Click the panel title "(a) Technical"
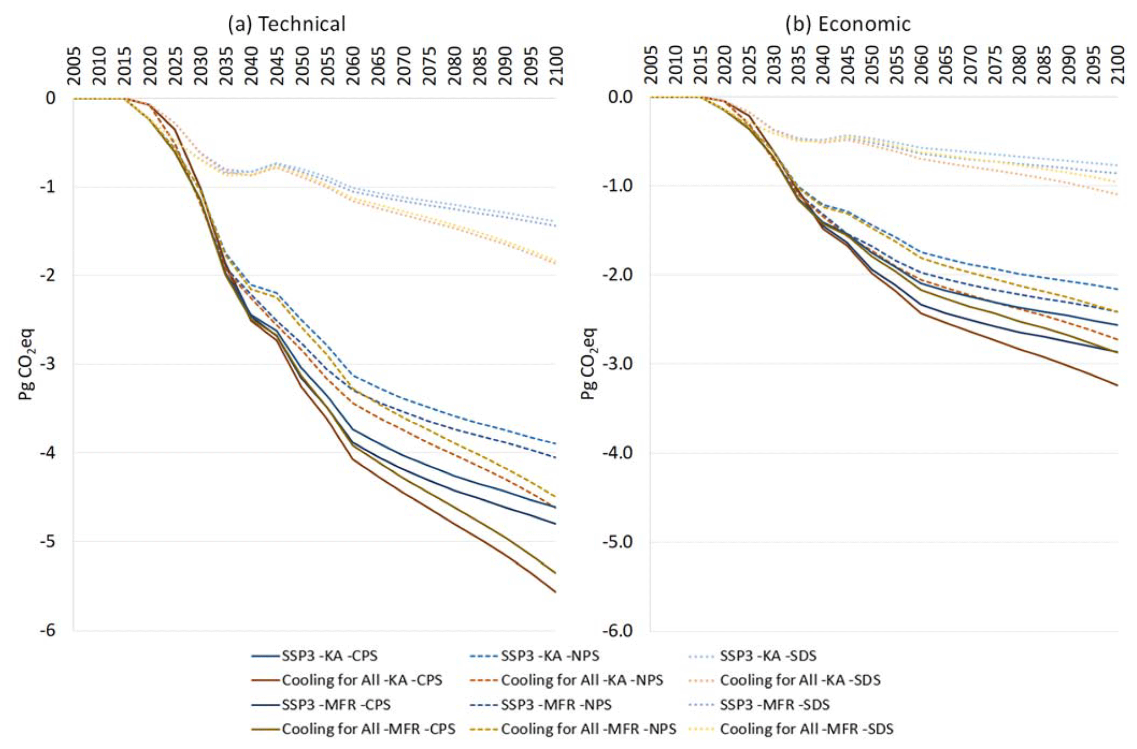(287, 24)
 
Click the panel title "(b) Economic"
(848, 24)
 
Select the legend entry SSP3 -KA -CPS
(329, 656)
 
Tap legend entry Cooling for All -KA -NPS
(581, 680)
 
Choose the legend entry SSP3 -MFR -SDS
(775, 704)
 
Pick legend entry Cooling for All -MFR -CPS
(368, 729)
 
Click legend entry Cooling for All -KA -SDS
(800, 680)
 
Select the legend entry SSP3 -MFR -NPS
(556, 704)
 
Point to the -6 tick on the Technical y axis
(47, 630)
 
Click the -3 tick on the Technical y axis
(47, 364)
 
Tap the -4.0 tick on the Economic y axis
(621, 453)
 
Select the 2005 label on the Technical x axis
(74, 66)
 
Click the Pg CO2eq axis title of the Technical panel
(26, 364)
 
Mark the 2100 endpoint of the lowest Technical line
(556, 592)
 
